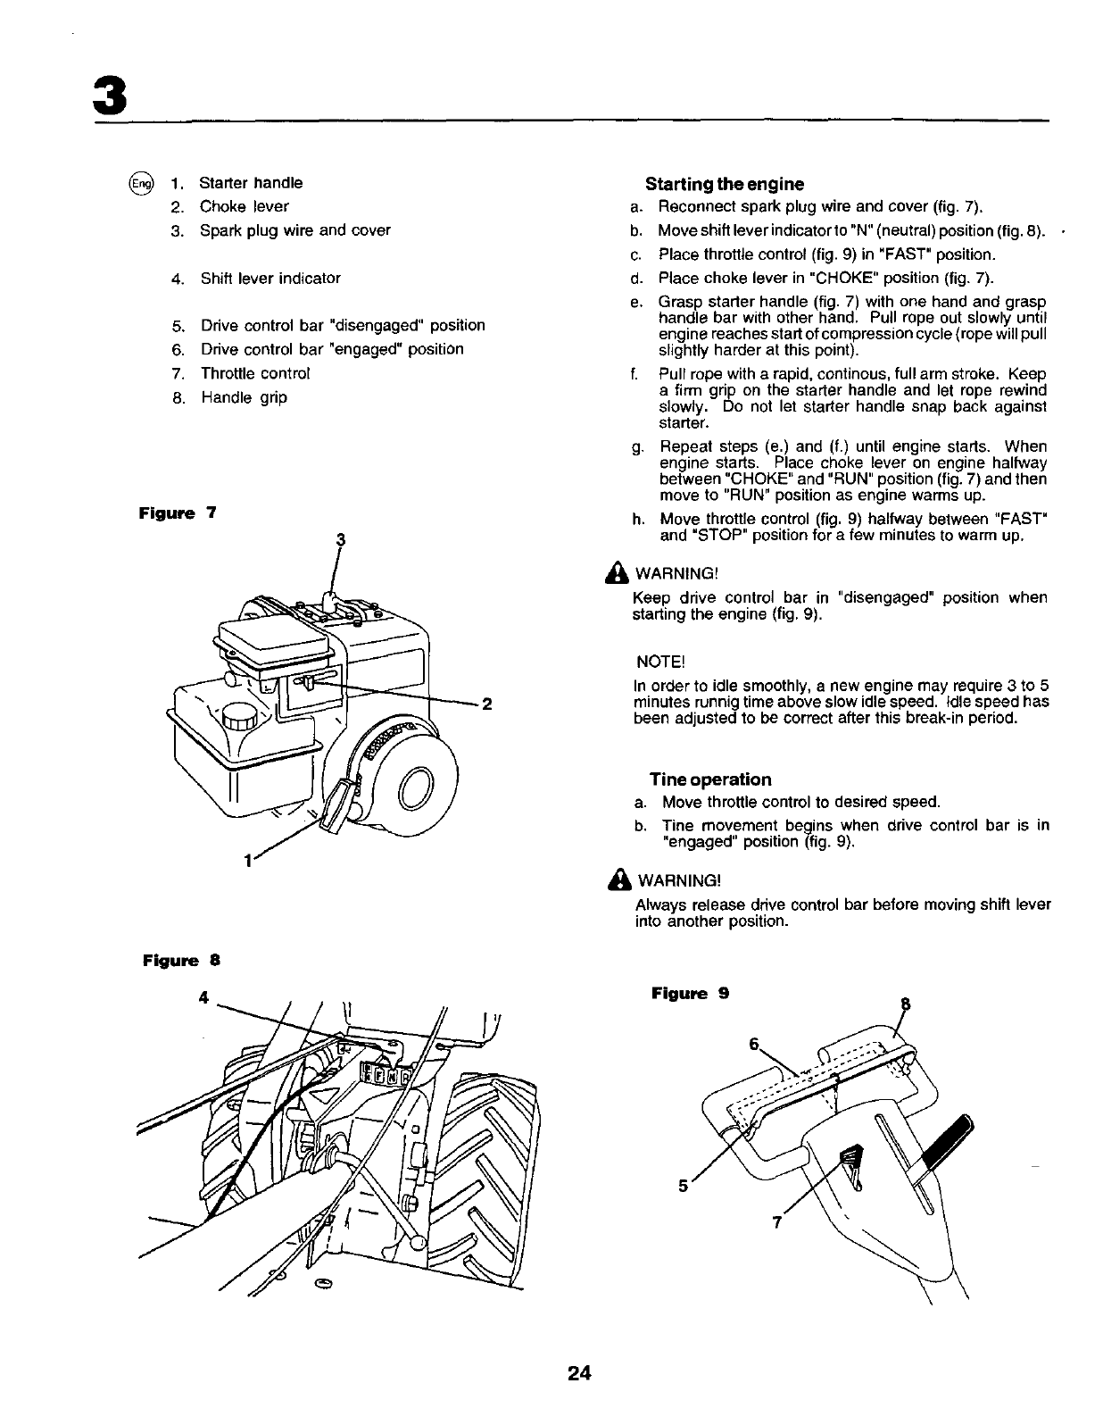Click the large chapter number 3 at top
coord(108,92)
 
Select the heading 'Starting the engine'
coord(724,185)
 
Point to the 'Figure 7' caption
coord(177,514)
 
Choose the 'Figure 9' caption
coord(690,993)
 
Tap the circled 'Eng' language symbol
coord(140,184)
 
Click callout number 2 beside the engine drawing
coord(487,704)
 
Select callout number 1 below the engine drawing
coord(247,862)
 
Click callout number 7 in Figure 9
coord(777,1223)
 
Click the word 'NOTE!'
coord(659,662)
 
